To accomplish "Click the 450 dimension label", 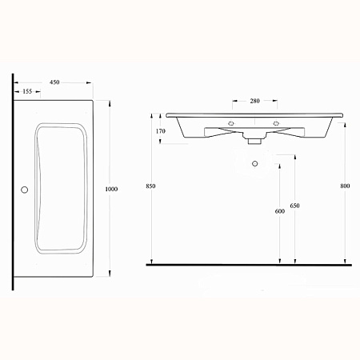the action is tap(54, 82).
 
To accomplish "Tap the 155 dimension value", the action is tap(27, 91).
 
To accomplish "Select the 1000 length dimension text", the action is tap(111, 189).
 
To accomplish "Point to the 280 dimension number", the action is tap(254, 101).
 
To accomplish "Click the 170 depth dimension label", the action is tap(161, 131).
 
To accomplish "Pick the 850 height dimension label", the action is tap(150, 186).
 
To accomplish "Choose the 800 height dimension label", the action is tap(345, 186).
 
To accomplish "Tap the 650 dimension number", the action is tap(294, 206).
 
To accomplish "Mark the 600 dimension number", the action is tap(280, 211).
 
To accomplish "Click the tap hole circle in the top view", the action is tap(25, 190).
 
